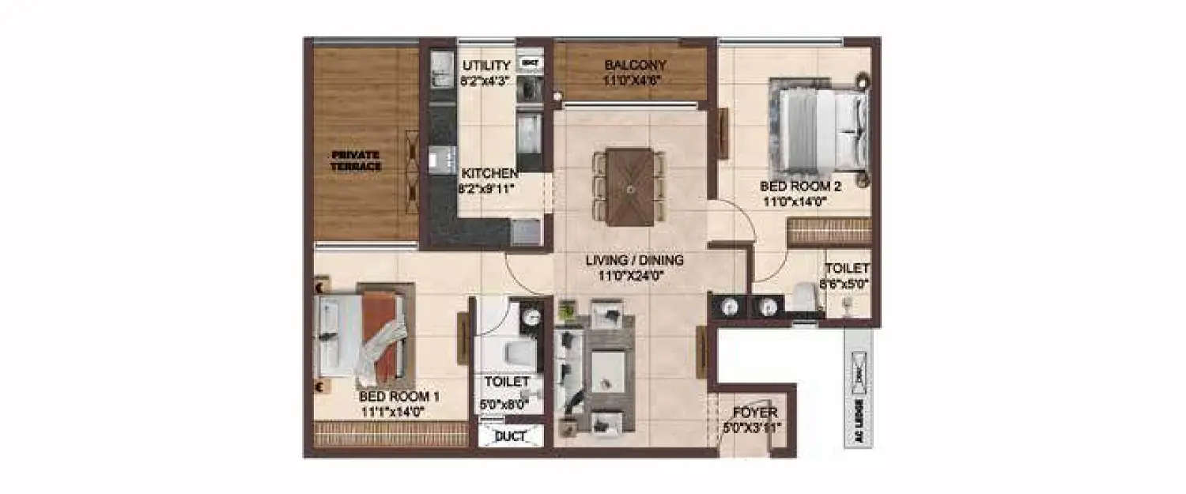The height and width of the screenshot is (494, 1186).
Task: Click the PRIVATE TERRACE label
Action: pos(356,160)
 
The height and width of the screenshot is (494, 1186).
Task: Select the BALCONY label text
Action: pos(635,65)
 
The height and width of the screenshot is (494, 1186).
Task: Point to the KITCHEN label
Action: pos(489,174)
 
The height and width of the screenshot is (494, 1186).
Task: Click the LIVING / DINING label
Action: pos(634,260)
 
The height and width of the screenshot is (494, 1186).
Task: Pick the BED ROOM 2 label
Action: pos(799,187)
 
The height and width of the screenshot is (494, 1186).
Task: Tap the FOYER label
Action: pos(754,413)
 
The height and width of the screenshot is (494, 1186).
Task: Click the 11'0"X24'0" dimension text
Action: pos(634,276)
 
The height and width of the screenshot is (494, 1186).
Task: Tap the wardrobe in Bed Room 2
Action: pos(829,232)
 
